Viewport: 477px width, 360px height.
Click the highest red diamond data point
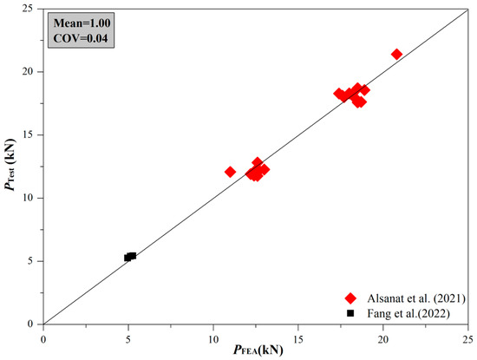(396, 54)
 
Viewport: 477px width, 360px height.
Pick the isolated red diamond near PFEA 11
(230, 172)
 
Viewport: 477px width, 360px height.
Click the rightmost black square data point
(132, 256)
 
